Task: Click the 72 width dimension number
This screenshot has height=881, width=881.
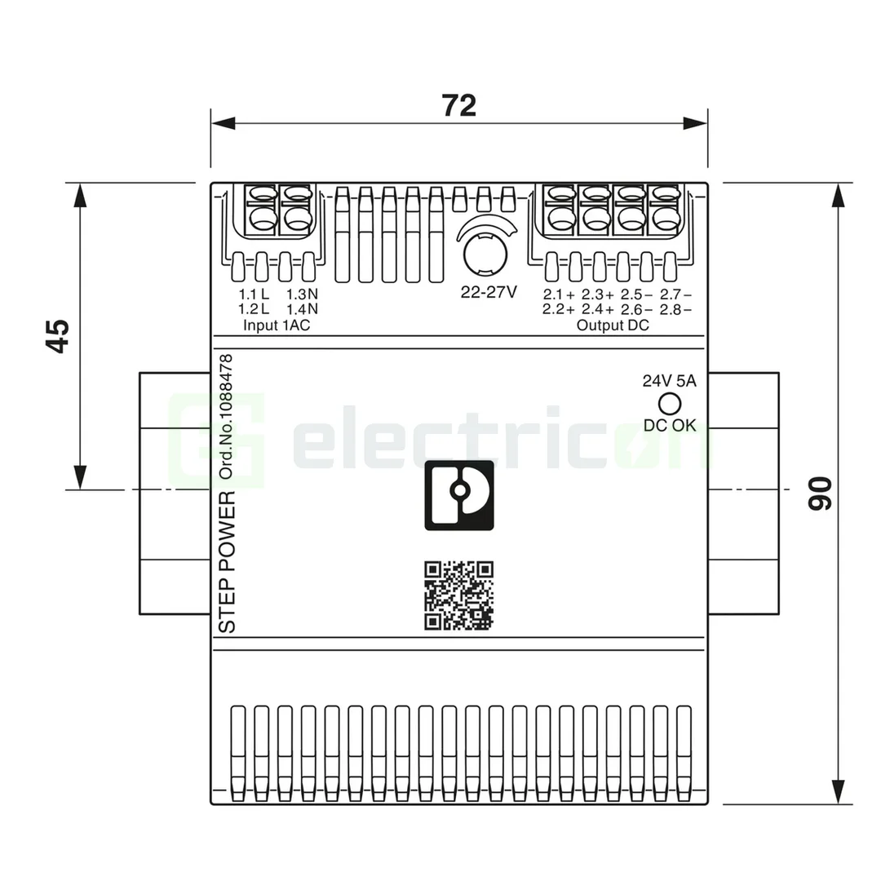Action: point(458,105)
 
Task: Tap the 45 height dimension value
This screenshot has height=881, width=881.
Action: point(57,335)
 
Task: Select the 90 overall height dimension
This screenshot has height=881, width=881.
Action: point(820,493)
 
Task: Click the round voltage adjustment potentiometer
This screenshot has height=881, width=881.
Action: point(485,252)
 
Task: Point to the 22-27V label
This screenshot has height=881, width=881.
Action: point(489,292)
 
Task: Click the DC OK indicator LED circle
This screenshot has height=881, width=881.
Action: point(669,404)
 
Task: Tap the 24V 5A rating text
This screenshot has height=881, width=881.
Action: point(669,381)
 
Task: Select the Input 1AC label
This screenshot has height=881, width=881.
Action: point(277,325)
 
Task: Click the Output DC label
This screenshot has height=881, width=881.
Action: point(613,325)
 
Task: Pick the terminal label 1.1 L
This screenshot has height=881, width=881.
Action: point(254,294)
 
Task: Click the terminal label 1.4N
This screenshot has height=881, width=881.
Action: point(302,309)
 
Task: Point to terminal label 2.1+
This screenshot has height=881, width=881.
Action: point(559,294)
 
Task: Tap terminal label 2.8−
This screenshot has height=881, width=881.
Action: point(675,309)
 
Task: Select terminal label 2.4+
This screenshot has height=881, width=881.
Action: point(598,309)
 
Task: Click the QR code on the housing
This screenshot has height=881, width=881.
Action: point(459,595)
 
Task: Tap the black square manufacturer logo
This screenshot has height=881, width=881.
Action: point(459,495)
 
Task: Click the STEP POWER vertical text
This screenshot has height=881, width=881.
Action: point(228,562)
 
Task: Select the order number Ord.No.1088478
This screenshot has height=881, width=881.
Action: point(228,416)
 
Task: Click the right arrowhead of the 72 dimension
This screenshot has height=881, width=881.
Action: point(695,123)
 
